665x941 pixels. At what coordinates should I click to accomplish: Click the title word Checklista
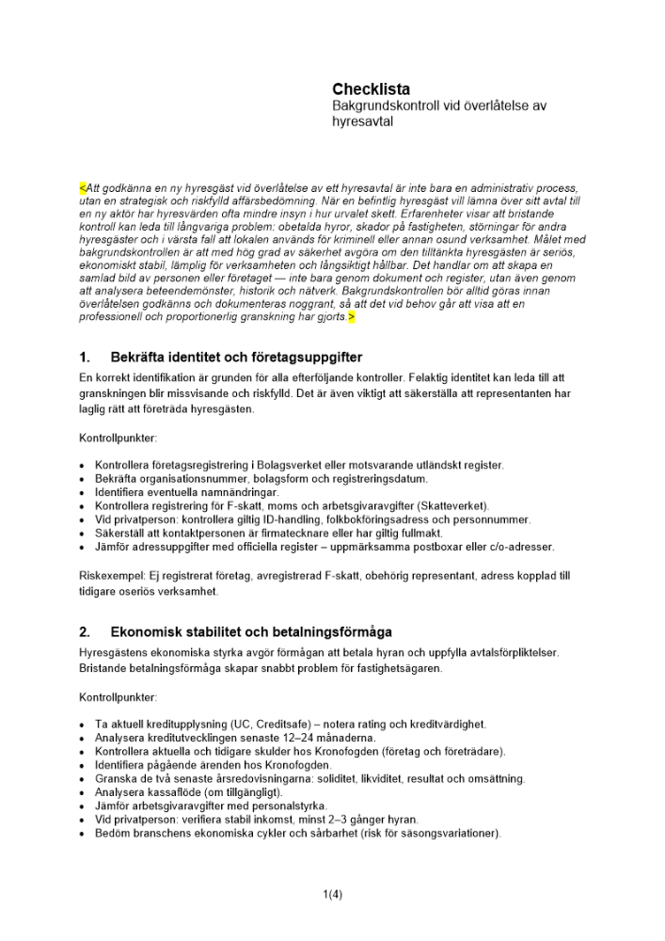point(371,89)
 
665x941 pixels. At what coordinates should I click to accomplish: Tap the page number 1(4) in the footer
point(332,895)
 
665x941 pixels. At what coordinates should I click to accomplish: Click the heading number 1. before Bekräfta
point(85,358)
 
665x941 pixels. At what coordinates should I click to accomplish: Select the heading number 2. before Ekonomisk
point(85,631)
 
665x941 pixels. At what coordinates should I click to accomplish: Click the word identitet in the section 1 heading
point(203,358)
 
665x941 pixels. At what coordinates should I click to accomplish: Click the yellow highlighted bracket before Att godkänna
point(82,187)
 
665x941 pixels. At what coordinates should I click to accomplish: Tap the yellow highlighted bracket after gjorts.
point(351,318)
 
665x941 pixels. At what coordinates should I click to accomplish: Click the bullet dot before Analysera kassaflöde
point(83,793)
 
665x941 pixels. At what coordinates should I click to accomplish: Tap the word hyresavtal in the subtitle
point(362,121)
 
